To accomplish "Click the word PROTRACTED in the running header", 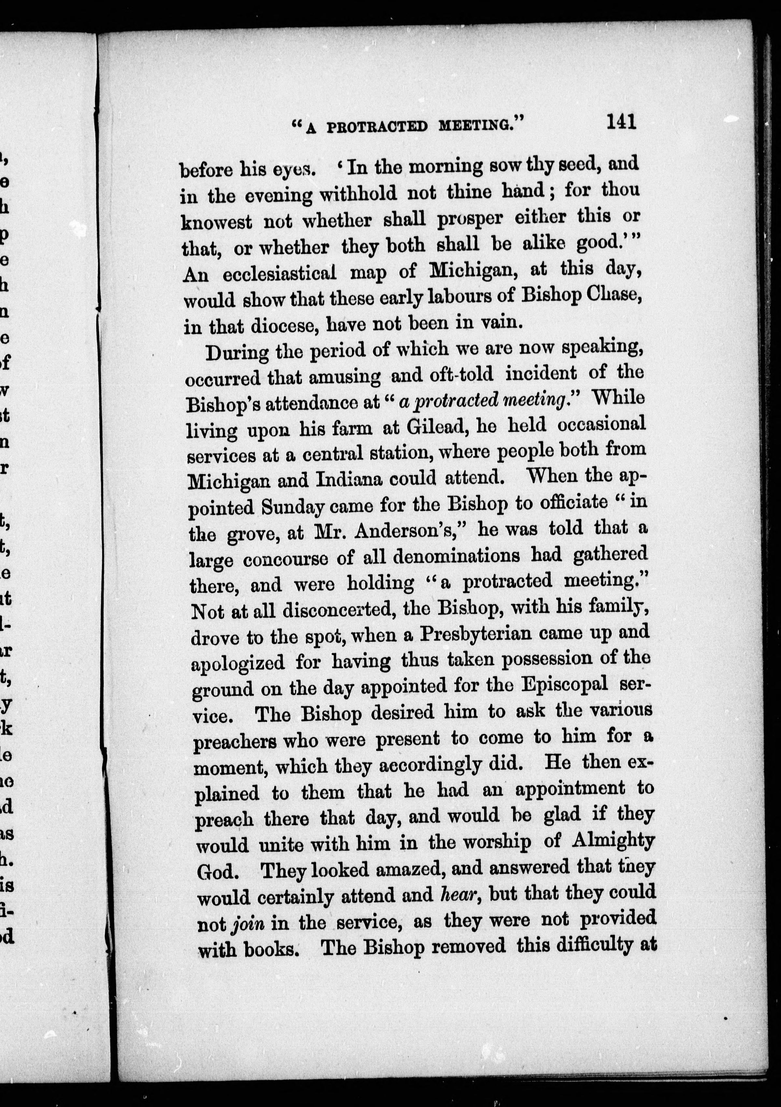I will pos(377,126).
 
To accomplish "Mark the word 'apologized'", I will pos(238,664).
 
